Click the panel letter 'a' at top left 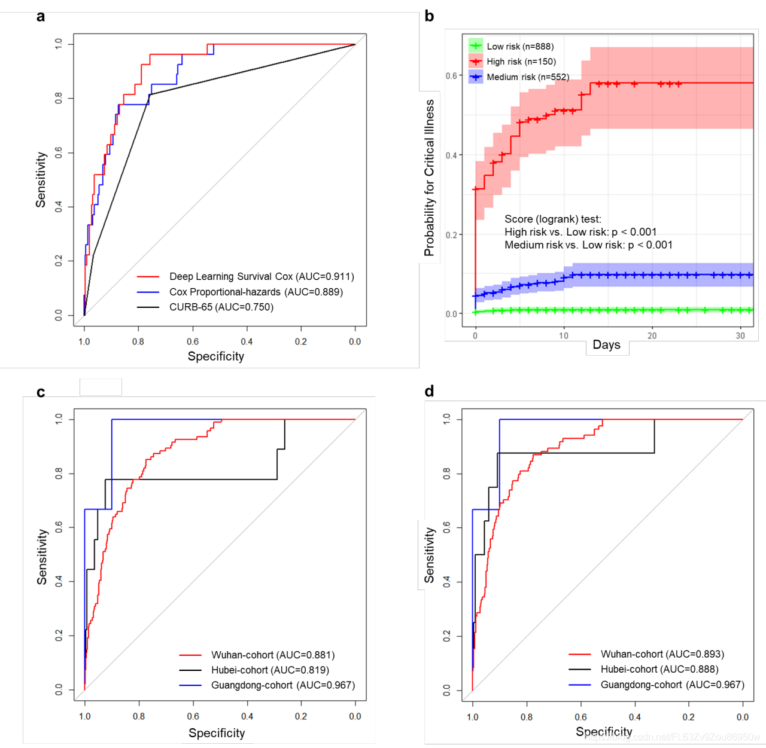pos(41,16)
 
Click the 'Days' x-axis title pos(606,345)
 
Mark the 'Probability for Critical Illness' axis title pos(429,178)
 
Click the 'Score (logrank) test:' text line pos(552,219)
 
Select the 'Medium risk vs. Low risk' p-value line pos(588,245)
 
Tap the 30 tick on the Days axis pos(740,335)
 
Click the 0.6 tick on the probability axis pos(451,76)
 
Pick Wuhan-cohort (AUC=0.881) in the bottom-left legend pos(272,655)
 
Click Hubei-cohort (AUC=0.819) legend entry pos(269,670)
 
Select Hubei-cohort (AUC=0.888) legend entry pos(659,669)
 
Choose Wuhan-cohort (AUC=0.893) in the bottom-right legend pos(662,654)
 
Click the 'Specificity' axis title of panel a pos(216,356)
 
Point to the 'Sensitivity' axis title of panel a pos(41,179)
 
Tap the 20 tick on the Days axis pos(652,335)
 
